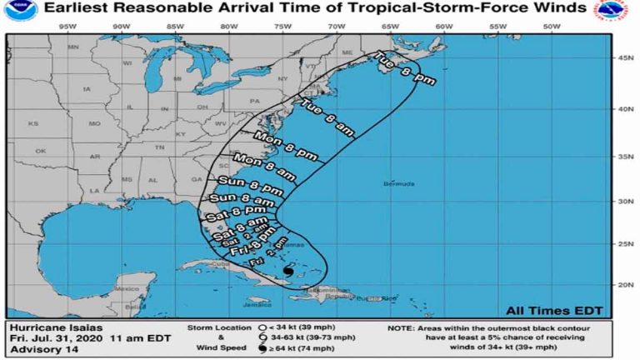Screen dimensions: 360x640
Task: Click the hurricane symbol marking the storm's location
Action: [287, 272]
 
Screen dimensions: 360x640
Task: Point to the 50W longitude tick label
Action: [551, 26]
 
